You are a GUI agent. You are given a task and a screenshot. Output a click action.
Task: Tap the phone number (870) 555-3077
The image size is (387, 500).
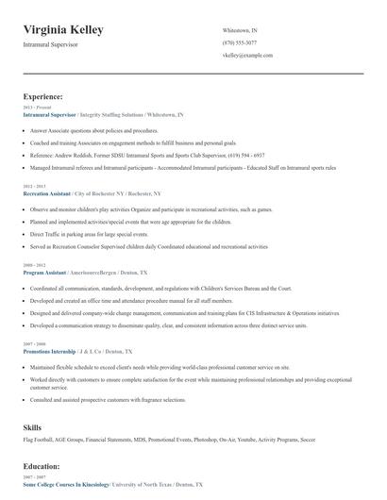[x=240, y=43]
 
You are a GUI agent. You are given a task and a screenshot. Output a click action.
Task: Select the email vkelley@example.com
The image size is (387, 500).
[x=247, y=56]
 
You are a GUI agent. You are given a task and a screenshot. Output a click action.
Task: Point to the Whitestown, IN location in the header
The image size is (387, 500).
[x=240, y=31]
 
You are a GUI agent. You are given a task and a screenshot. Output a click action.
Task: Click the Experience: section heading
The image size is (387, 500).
[x=43, y=96]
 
